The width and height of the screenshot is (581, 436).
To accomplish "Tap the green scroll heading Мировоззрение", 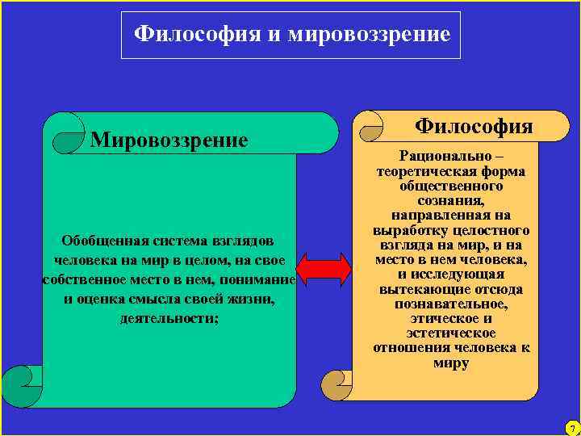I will (x=169, y=140).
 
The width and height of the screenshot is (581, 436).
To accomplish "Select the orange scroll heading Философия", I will (x=473, y=126).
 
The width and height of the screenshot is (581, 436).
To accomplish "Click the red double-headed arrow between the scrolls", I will (x=324, y=269).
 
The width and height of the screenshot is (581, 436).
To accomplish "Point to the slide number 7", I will (x=571, y=426).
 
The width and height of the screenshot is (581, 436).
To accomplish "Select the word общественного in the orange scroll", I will (x=450, y=186).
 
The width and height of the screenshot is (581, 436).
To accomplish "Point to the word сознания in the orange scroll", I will (x=449, y=200).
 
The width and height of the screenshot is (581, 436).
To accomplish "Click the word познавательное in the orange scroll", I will (x=450, y=304).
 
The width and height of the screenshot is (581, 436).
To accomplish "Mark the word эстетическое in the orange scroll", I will (x=450, y=333).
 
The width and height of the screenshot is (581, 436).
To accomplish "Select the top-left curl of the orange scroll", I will (x=373, y=122).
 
